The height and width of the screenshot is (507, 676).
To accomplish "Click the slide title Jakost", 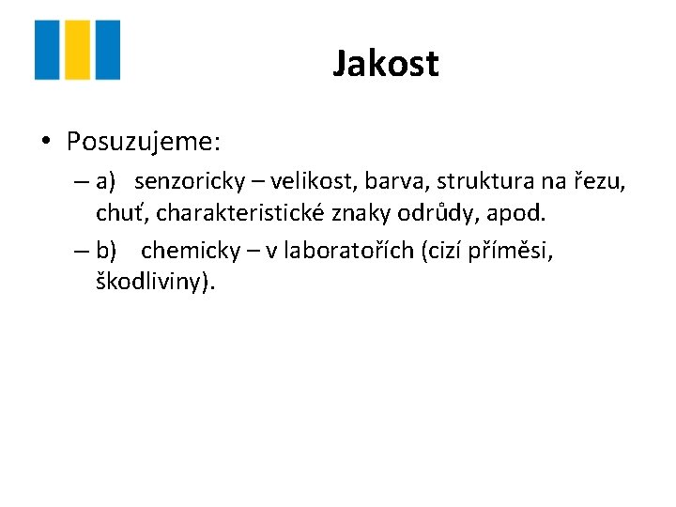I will click(385, 64).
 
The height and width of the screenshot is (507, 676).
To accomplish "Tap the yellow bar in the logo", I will click(78, 50).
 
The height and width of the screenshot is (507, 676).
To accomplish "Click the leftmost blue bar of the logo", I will click(48, 50).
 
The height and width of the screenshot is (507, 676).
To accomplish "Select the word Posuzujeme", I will click(143, 142).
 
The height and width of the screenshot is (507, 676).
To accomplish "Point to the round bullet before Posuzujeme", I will click(45, 143).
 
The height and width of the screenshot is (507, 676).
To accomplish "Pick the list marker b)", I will click(106, 252).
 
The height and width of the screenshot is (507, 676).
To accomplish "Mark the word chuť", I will click(119, 212).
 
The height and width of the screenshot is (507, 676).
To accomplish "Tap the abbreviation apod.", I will click(518, 212).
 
